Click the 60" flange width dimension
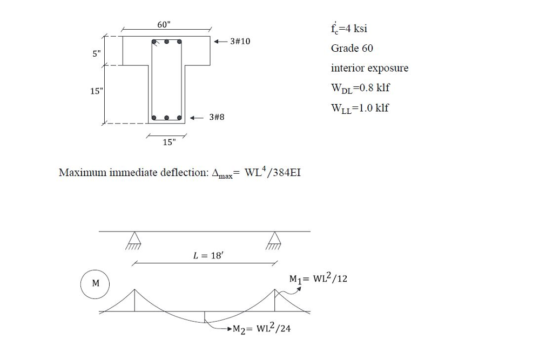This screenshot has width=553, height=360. pyautogui.click(x=163, y=25)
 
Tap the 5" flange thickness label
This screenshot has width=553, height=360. pyautogui.click(x=96, y=53)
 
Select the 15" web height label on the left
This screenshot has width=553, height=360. pyautogui.click(x=95, y=91)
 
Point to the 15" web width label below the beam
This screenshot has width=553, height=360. pyautogui.click(x=168, y=142)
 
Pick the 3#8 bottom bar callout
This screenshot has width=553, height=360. pyautogui.click(x=216, y=117)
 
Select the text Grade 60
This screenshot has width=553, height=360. pyautogui.click(x=352, y=49)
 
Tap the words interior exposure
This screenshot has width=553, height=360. pyautogui.click(x=369, y=68)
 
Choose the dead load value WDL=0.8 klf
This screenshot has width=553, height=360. pyautogui.click(x=360, y=88)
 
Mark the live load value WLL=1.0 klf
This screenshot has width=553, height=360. pyautogui.click(x=359, y=108)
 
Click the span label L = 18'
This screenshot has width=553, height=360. pyautogui.click(x=208, y=256)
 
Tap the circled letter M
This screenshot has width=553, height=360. pyautogui.click(x=95, y=283)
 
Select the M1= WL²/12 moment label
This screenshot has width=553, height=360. pyautogui.click(x=318, y=279)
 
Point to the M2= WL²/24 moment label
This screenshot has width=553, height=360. pyautogui.click(x=261, y=329)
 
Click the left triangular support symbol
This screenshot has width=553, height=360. pyautogui.click(x=133, y=238)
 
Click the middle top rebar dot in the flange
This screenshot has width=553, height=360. pyautogui.click(x=166, y=42)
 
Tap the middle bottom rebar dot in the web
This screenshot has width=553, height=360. pyautogui.click(x=166, y=117)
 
